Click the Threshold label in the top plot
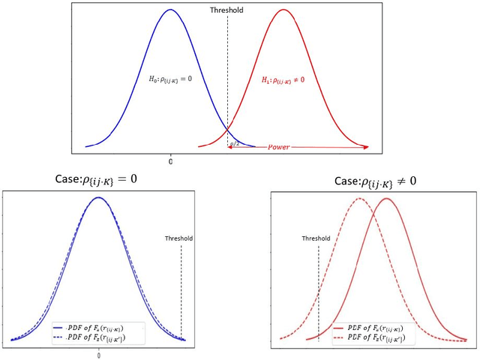[x=227, y=12]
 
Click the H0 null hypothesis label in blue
[x=181, y=79]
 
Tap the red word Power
[x=280, y=148]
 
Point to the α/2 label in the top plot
[x=235, y=142]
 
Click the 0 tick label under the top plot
[x=170, y=161]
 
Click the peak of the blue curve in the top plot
[x=171, y=10]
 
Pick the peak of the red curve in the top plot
[x=284, y=10]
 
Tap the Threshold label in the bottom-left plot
[x=179, y=238]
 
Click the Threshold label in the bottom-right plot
[x=316, y=238]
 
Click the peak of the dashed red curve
[x=358, y=199]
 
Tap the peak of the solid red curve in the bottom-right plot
[x=386, y=199]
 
